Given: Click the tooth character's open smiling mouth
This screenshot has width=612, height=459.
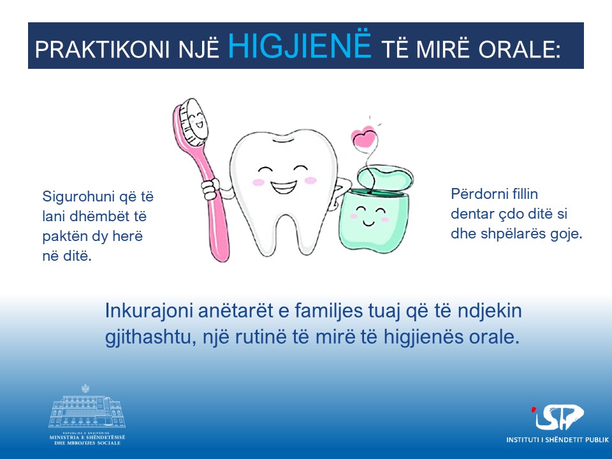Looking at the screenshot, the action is (284, 187).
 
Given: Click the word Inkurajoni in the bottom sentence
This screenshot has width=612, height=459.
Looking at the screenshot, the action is (149, 311).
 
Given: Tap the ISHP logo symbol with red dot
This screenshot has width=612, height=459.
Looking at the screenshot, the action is (557, 418).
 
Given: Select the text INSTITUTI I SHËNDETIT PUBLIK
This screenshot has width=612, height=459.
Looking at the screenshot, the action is (557, 440).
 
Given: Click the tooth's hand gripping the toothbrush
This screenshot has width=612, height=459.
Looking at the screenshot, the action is (210, 189).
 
